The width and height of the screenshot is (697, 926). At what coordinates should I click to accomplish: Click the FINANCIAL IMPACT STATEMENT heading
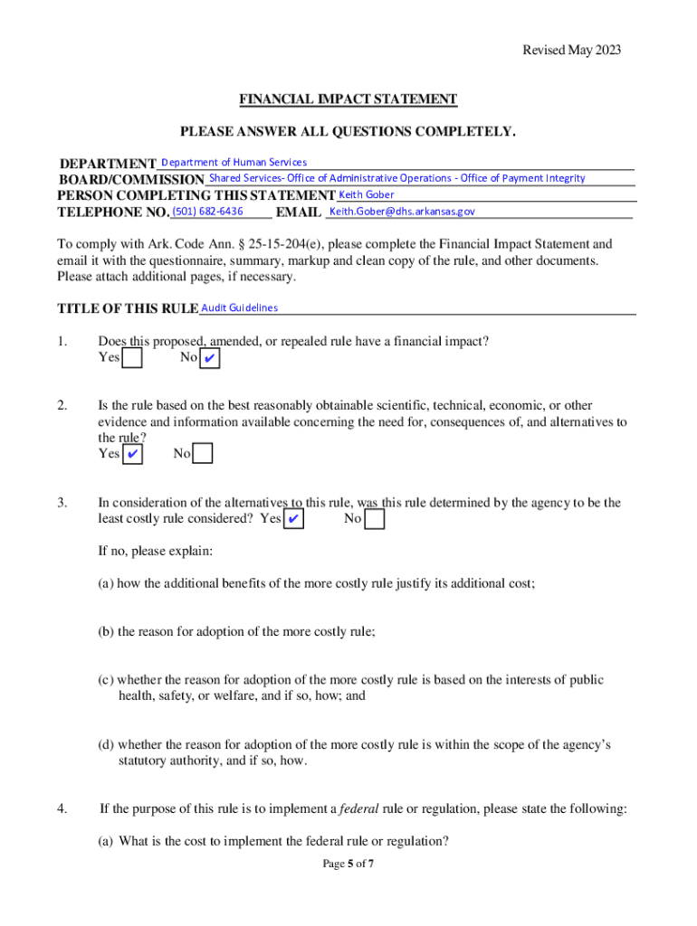click(348, 99)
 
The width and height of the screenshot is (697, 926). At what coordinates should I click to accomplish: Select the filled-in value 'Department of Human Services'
click(234, 162)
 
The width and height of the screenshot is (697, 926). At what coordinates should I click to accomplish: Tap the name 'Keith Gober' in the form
click(366, 194)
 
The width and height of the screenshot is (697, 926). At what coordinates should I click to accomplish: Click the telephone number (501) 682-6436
click(207, 212)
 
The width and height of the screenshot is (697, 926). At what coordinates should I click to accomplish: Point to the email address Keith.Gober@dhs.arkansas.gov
click(402, 212)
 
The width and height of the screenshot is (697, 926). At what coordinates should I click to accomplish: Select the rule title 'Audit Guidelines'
click(239, 307)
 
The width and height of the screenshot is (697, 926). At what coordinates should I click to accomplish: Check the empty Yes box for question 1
click(132, 359)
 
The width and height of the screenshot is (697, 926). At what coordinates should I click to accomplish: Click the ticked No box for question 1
click(209, 359)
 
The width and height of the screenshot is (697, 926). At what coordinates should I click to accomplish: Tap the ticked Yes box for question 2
click(132, 453)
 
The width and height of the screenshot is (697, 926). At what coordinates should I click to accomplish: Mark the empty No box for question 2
click(203, 453)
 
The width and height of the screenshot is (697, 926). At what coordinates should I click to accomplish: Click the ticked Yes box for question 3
click(293, 519)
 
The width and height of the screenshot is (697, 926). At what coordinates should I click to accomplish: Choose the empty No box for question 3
click(374, 519)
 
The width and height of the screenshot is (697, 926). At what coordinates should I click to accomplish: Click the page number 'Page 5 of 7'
click(348, 864)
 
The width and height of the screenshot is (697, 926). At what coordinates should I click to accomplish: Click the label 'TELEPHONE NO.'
click(113, 213)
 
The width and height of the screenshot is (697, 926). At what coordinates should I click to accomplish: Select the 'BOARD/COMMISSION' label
click(132, 180)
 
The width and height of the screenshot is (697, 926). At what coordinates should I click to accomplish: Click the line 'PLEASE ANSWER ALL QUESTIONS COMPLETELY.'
click(348, 132)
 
